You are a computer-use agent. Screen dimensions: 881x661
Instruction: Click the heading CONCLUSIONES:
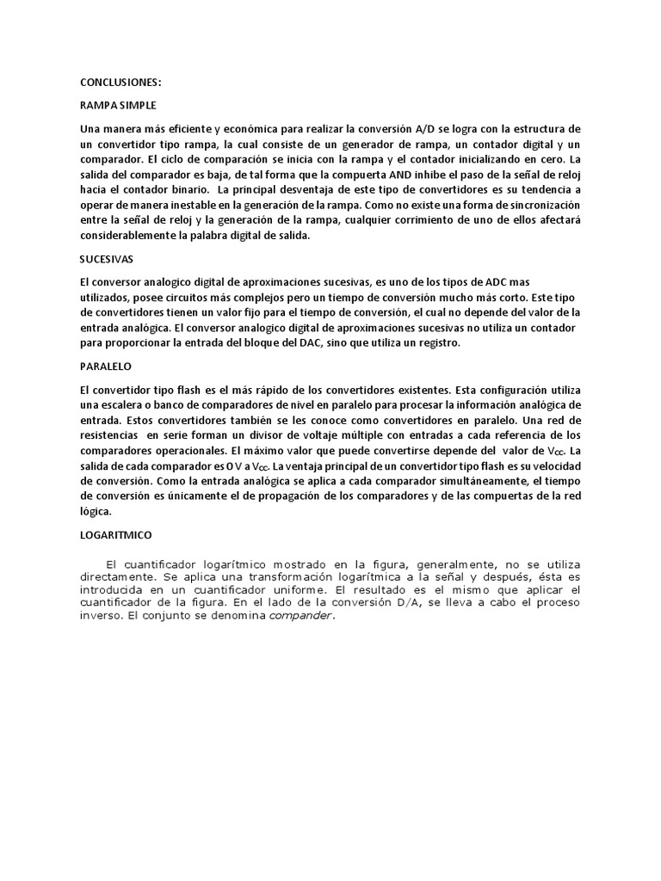[120, 83]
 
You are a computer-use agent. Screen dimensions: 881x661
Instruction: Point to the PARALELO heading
[103, 367]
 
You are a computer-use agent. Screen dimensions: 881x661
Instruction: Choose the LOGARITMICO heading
[115, 534]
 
